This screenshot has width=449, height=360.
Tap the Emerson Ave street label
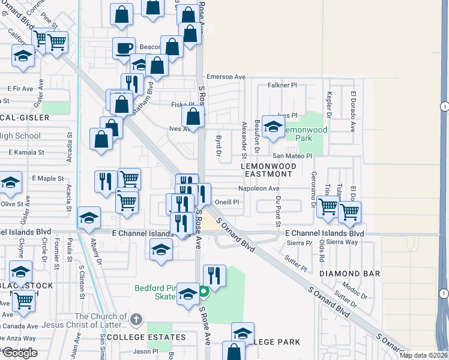[x=226, y=77]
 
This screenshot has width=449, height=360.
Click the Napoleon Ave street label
[x=259, y=188]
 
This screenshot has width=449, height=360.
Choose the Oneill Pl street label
[x=228, y=202]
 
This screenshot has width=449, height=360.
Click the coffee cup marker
[x=124, y=48]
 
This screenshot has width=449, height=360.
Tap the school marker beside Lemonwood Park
[x=273, y=127]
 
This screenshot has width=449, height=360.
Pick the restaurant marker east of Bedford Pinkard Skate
[x=214, y=275]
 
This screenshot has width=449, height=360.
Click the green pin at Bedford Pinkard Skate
[x=203, y=292]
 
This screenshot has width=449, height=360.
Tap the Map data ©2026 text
[x=424, y=355]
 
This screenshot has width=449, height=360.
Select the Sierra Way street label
[x=343, y=242]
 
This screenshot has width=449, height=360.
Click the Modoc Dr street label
[x=355, y=290]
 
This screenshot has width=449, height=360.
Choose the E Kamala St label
[x=26, y=152]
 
